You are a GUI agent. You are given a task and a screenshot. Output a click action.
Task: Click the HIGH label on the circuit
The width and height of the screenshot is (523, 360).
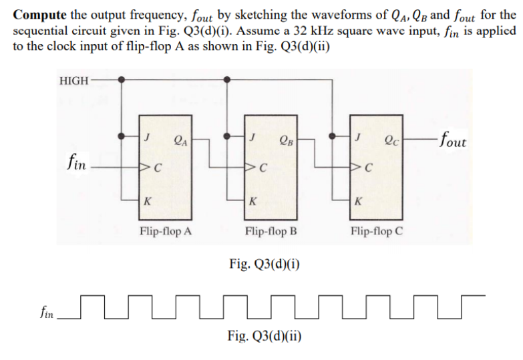point(73,81)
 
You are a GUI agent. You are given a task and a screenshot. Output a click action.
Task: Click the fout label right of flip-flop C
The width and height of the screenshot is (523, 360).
point(453,140)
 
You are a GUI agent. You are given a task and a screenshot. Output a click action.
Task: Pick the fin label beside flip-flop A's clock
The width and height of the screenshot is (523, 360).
point(76,162)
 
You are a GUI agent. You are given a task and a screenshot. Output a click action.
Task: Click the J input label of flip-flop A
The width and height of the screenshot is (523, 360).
point(146,137)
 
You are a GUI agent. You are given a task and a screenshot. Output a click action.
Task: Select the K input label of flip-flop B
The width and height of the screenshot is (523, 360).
point(253,201)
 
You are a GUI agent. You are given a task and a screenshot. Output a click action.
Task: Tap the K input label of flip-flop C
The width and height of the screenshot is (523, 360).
point(358,201)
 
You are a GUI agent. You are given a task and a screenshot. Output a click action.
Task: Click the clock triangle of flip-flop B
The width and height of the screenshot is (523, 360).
point(249,166)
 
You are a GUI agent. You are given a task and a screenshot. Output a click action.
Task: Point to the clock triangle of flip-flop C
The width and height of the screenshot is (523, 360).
point(354,166)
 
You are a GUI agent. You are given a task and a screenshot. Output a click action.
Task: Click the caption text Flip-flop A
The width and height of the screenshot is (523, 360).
point(166,231)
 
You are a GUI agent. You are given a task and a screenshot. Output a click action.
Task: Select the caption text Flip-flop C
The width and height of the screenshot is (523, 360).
point(377,231)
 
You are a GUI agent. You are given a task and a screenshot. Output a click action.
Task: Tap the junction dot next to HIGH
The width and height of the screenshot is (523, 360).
point(122,79)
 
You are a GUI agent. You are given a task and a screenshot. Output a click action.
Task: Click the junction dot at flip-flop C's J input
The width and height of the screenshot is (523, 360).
point(332,136)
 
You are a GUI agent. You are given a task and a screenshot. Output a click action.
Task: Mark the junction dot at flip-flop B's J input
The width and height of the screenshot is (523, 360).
point(227,136)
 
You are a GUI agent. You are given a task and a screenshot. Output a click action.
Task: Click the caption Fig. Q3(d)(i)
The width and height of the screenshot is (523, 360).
point(264,264)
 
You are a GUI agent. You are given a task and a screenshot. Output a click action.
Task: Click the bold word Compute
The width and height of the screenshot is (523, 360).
point(39,15)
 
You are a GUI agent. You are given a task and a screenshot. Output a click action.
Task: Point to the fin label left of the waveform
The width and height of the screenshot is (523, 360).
point(47,313)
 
